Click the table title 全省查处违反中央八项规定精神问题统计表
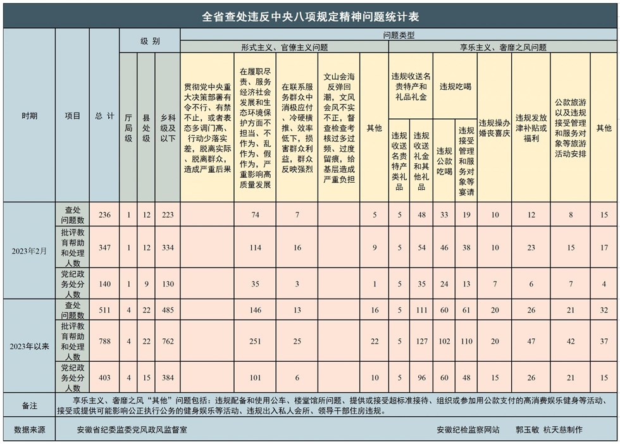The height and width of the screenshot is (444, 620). (310, 15)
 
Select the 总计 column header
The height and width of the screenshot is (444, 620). (104, 116)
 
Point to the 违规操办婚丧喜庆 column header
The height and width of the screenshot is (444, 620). (495, 128)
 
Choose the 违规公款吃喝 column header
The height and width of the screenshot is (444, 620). (445, 161)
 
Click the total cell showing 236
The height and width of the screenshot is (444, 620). (104, 215)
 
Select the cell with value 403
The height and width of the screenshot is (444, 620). (104, 378)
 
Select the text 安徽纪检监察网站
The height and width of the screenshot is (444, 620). (468, 430)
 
